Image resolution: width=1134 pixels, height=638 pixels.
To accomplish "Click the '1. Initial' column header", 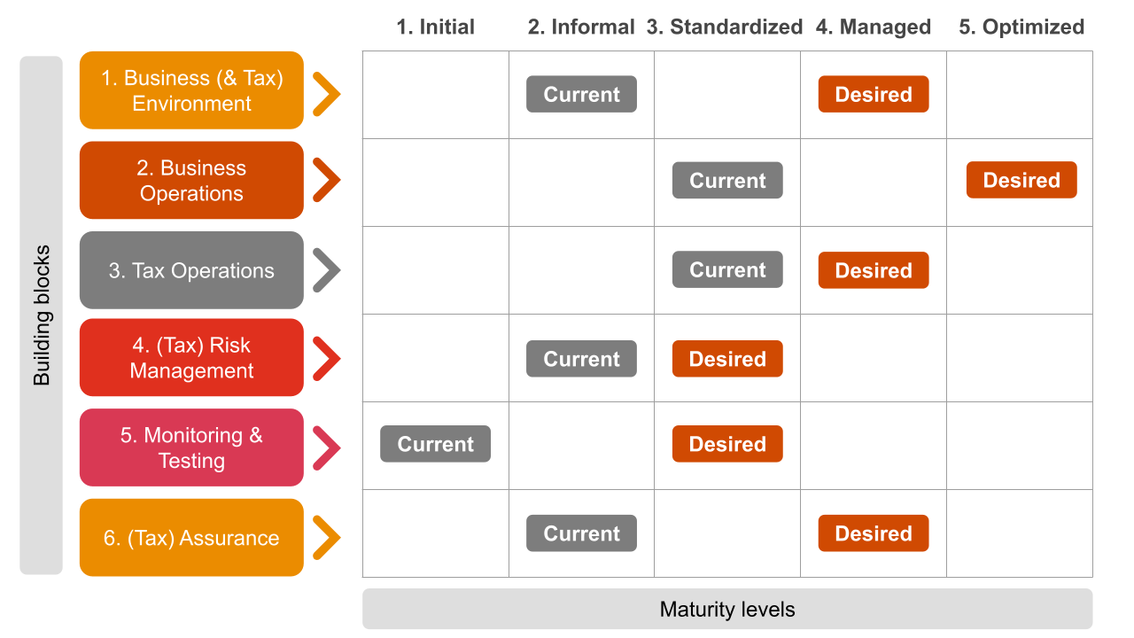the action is point(435,27).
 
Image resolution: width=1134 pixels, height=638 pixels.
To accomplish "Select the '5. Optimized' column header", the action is point(1021,27).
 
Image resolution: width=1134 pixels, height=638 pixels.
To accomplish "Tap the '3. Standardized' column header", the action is point(725,27).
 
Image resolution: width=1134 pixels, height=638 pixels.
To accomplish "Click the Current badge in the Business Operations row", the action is point(727,180).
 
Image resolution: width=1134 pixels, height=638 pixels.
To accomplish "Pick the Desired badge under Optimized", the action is point(1021,180).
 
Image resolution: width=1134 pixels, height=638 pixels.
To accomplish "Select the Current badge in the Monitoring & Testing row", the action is point(435,444).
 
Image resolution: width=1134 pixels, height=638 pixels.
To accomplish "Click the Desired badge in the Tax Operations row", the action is point(874,270).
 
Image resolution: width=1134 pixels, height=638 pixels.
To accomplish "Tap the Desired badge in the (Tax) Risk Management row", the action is point(727,359).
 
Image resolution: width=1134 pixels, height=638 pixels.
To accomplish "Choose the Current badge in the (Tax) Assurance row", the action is point(582,533).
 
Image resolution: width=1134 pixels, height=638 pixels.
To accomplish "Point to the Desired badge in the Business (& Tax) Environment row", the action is point(874,94).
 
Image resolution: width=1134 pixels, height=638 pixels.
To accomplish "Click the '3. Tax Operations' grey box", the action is point(192,270).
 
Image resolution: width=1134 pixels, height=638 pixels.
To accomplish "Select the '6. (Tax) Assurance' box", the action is point(192,537).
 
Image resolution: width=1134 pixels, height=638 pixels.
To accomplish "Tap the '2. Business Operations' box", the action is point(192,180).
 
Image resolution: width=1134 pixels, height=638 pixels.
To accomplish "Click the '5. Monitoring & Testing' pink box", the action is point(192,447).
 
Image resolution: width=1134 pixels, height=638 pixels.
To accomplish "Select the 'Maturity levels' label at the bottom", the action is point(727,609).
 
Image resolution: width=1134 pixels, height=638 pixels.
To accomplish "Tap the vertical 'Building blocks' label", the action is point(42,315).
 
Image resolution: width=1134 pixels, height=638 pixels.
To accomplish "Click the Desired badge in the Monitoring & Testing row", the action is point(727,444).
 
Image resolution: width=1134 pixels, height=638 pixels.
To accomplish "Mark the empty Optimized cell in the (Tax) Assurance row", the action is point(1020,533).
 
